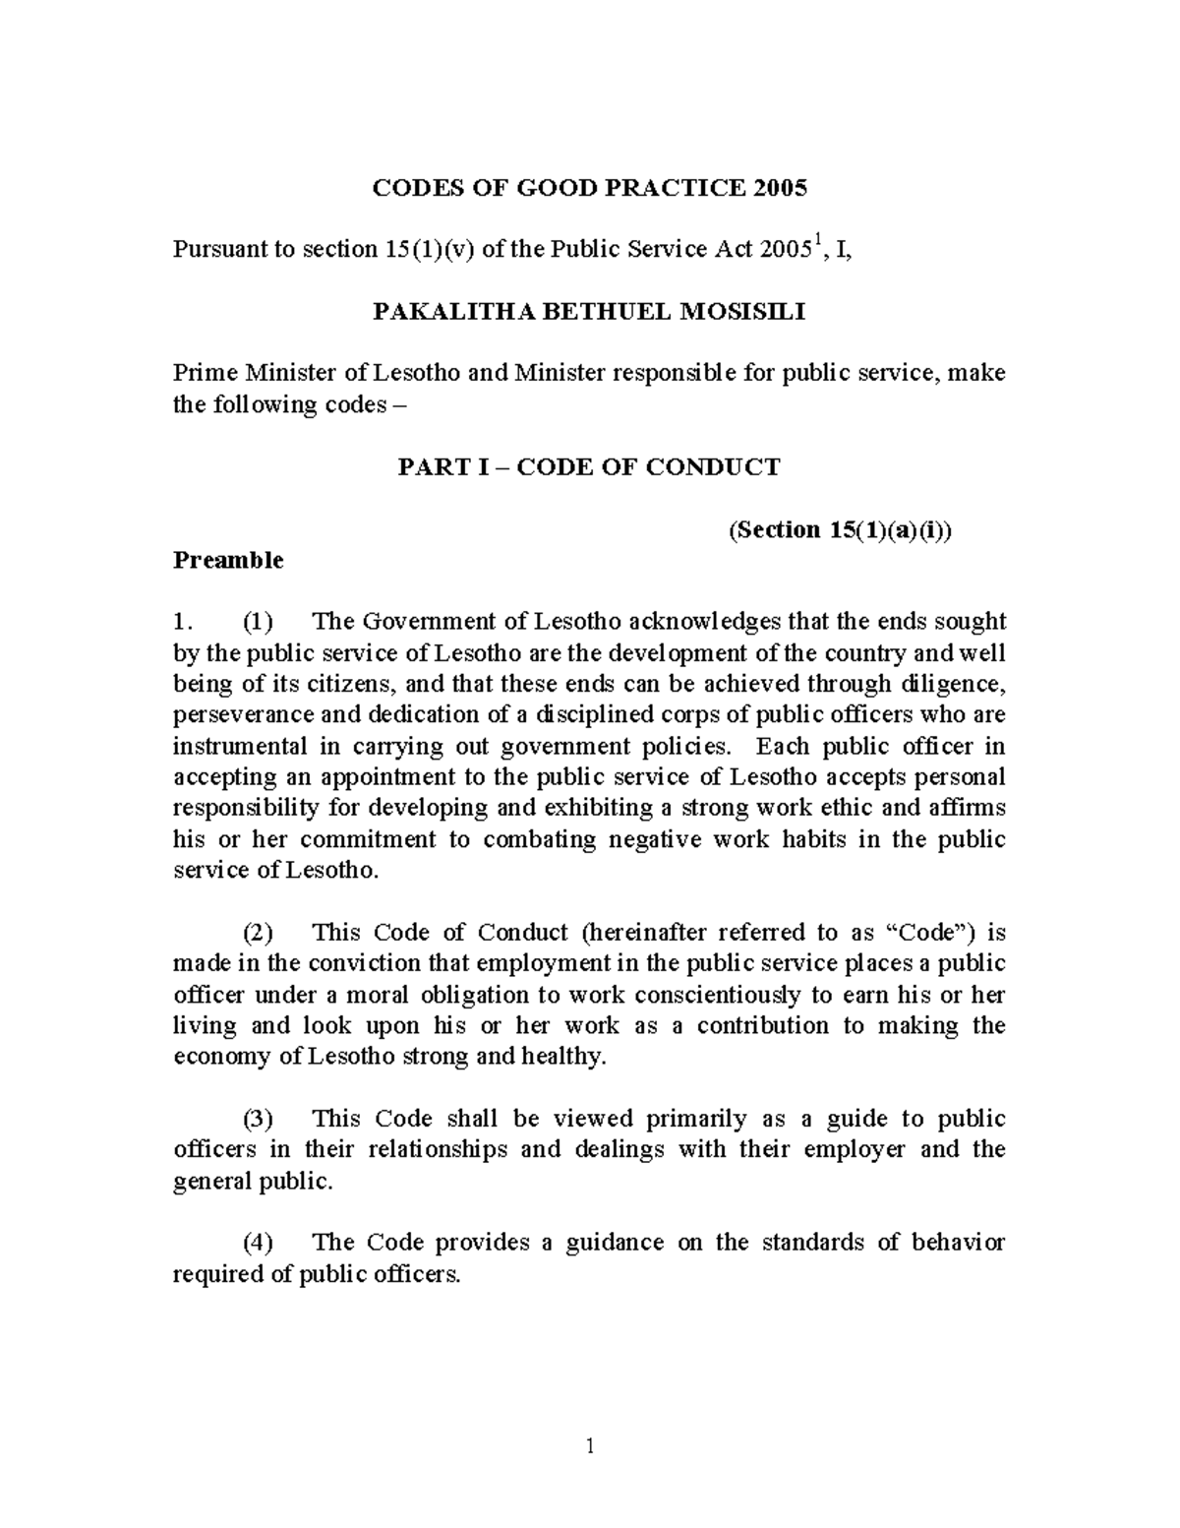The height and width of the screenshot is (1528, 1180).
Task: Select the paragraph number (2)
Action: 259,932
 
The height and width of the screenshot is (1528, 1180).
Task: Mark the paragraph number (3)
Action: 259,1119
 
